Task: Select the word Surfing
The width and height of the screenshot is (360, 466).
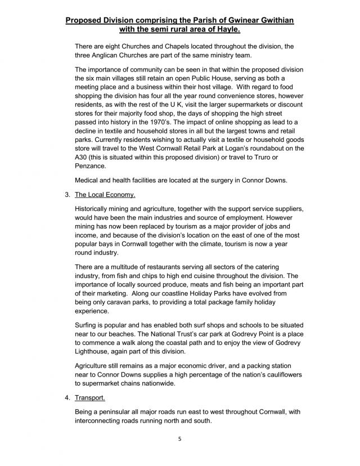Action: click(x=89, y=325)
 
